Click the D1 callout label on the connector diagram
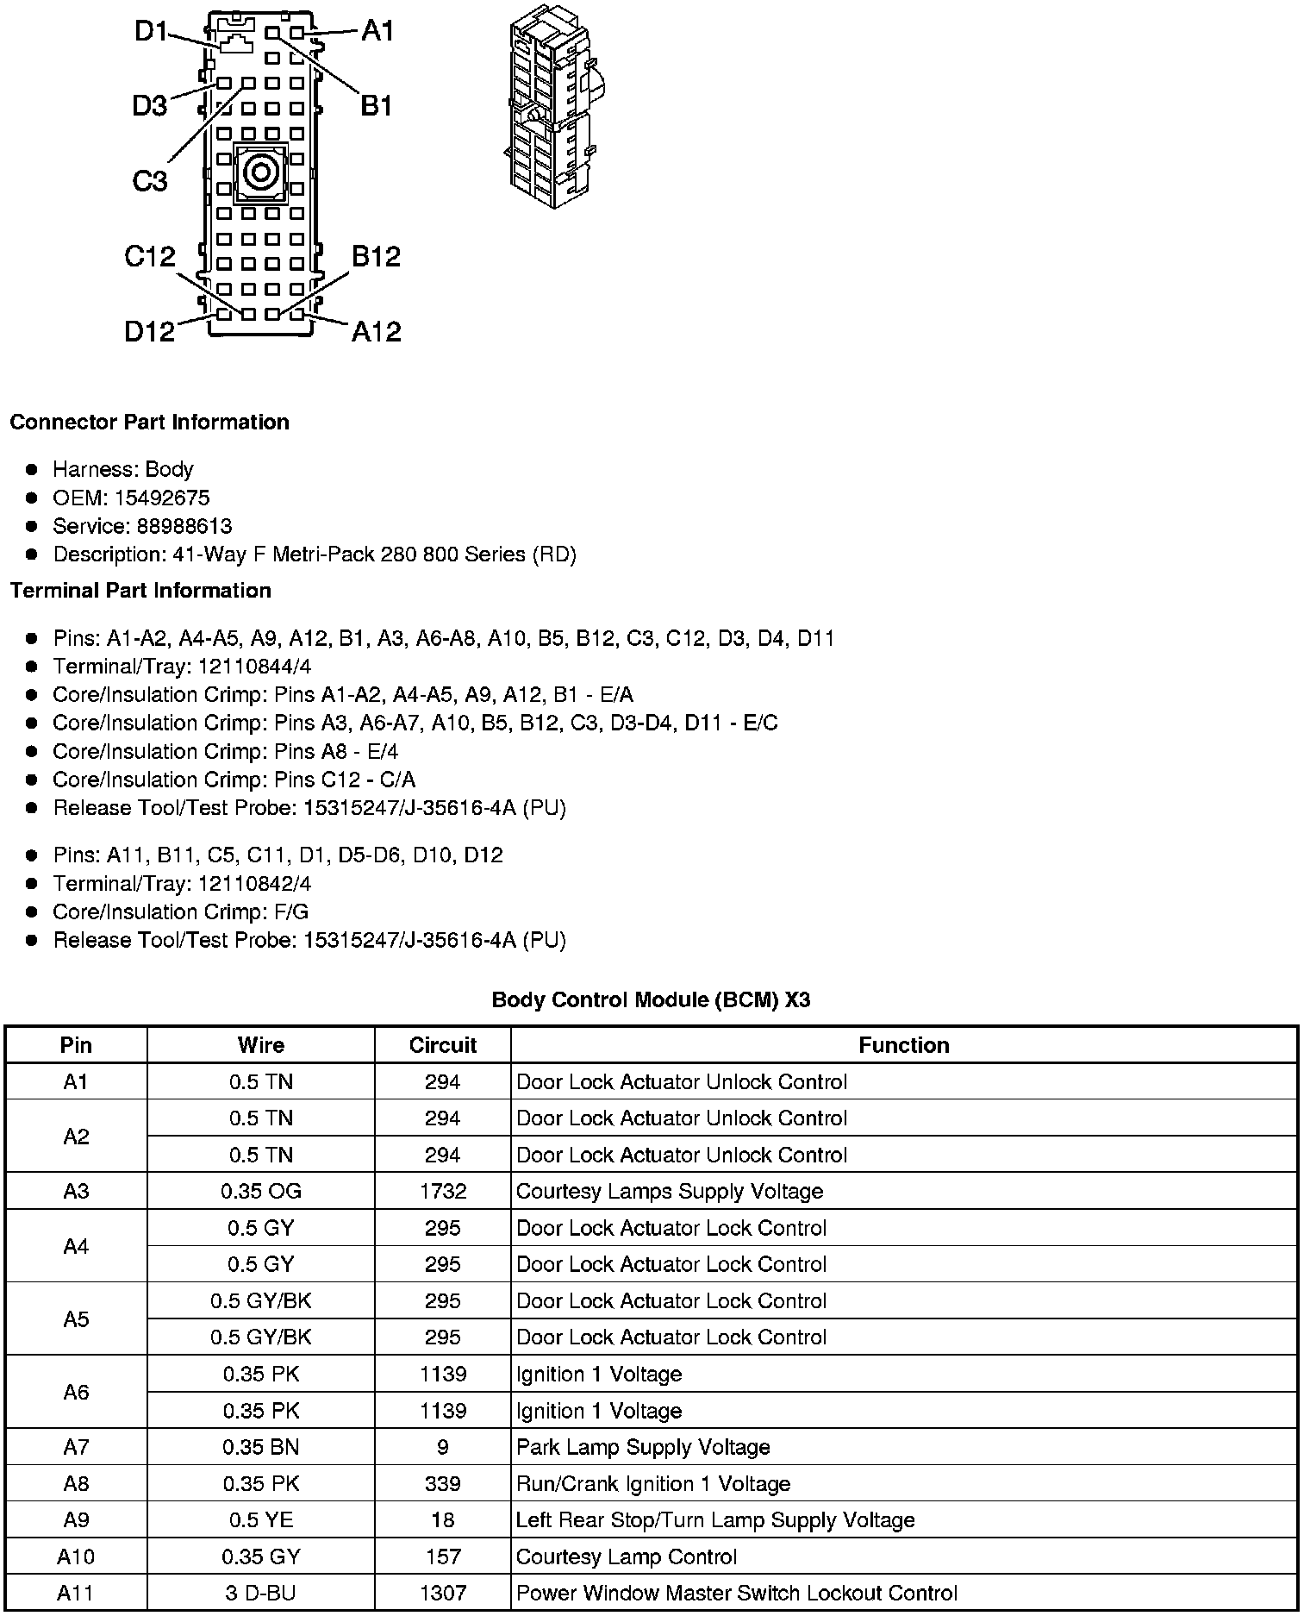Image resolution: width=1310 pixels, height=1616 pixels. coord(151,32)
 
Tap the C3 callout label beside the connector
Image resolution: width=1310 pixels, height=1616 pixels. coord(149,181)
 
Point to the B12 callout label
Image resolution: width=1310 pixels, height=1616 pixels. coord(376,256)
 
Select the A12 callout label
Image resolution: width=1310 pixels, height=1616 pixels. coord(376,331)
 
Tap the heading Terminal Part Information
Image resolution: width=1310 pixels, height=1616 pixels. coord(140,591)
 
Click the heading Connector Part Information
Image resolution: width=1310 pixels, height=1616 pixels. coord(149,423)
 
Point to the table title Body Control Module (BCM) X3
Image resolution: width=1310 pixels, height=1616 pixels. coord(651,1000)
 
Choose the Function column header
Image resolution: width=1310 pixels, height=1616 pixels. coord(903,1045)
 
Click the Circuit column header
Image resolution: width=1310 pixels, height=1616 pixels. coord(443,1045)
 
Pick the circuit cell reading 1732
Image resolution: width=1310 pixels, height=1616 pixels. coord(443,1191)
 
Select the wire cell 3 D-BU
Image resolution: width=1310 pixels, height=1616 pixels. coord(260,1593)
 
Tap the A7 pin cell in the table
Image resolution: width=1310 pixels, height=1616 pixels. coord(76,1447)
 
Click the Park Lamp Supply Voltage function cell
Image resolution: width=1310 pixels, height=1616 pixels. coord(643,1447)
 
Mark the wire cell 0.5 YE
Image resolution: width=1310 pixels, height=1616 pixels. coord(260,1519)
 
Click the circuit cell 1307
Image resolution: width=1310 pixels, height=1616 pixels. coord(443,1593)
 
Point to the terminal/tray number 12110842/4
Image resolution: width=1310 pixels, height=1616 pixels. coord(254,884)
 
